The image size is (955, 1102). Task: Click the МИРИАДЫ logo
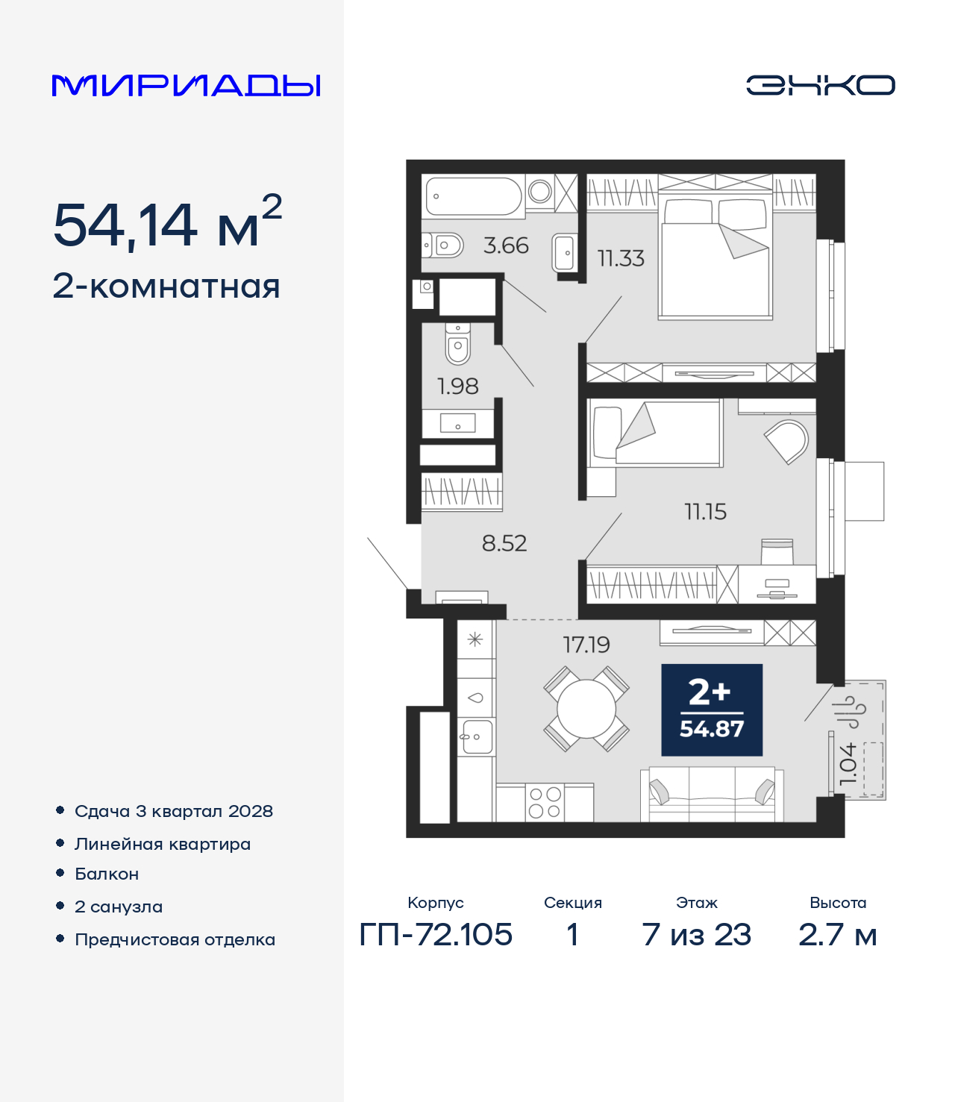click(x=186, y=85)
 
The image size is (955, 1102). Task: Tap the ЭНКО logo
click(x=820, y=85)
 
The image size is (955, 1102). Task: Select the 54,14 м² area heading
click(x=167, y=222)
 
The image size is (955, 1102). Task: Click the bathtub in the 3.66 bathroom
click(x=474, y=196)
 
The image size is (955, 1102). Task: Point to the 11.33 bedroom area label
click(x=621, y=259)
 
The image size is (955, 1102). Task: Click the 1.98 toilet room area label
click(x=457, y=386)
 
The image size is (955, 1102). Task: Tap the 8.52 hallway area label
click(x=504, y=543)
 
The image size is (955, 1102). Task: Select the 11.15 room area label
click(x=706, y=512)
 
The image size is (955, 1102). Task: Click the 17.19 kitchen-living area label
click(x=586, y=645)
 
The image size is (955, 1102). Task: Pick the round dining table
click(x=586, y=709)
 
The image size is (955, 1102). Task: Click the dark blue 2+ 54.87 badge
click(x=712, y=710)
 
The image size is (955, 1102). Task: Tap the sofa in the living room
click(x=712, y=795)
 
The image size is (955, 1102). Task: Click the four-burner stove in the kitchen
click(x=545, y=802)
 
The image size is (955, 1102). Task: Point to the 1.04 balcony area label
click(x=848, y=763)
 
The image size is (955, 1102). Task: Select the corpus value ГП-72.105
click(x=436, y=935)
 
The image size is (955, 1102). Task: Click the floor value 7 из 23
click(x=696, y=935)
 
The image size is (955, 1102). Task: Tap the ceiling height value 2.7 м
click(x=837, y=935)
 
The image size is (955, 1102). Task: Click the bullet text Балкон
click(x=107, y=874)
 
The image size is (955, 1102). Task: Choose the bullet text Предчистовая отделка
click(x=175, y=939)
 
